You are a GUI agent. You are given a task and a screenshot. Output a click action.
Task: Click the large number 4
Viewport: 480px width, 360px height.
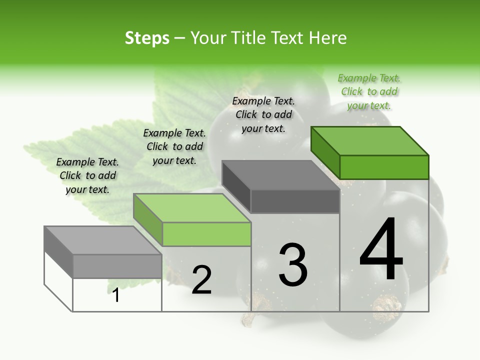tap(381, 249)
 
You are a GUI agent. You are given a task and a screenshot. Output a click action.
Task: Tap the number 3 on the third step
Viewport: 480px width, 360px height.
tap(293, 264)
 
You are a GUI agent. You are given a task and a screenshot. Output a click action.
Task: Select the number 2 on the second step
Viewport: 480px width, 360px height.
tap(201, 280)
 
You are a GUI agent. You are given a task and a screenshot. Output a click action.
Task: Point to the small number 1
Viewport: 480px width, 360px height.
tap(116, 295)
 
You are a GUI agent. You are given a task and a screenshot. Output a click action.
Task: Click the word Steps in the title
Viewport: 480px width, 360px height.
tap(147, 38)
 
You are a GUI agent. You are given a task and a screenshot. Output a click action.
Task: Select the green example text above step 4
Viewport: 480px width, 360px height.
tap(369, 92)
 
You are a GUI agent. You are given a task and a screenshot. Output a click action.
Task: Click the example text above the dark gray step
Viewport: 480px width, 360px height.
tap(263, 115)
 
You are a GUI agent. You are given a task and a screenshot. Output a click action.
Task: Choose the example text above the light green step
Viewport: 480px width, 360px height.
tap(174, 147)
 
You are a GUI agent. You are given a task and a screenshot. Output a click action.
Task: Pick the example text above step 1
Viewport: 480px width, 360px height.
tap(87, 176)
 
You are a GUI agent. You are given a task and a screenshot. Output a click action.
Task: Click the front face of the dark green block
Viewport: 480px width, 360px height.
tap(384, 167)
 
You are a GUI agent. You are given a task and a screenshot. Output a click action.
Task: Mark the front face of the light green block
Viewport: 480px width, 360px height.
tap(206, 234)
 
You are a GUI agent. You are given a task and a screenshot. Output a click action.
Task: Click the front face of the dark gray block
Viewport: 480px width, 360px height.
tap(295, 201)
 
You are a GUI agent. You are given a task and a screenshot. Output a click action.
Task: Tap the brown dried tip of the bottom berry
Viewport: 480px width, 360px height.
tap(387, 305)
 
